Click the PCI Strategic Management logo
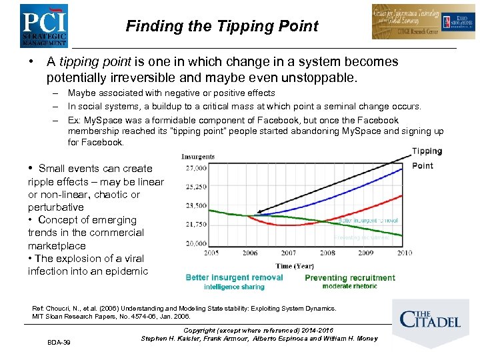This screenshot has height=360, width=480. point(43,25)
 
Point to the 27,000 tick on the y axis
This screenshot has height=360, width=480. point(197,168)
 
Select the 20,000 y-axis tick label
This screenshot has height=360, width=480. point(197,243)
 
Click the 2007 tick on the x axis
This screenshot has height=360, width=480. point(288,253)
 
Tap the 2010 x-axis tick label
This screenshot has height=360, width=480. point(403,253)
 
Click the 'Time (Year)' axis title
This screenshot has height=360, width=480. point(296,265)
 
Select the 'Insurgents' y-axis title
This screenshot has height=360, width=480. point(198,157)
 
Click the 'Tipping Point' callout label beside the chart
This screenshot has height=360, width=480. point(425,159)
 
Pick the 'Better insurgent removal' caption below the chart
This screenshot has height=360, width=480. point(234,277)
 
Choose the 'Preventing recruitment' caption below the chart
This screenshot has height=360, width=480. point(349,277)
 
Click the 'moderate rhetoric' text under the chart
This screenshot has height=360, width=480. point(349,287)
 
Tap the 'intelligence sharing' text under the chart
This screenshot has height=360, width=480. point(234,287)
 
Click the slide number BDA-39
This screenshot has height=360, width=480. point(59,343)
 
